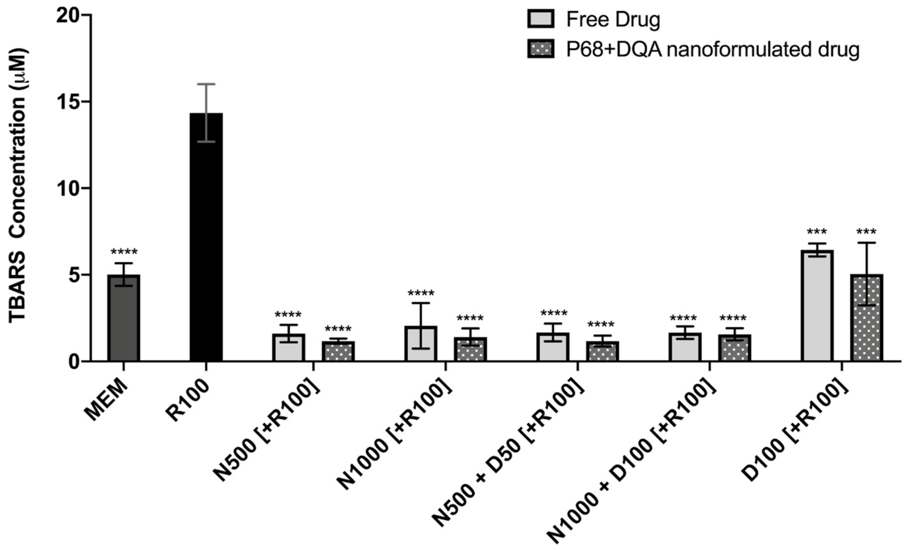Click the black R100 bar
click(206, 237)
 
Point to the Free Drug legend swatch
click(541, 19)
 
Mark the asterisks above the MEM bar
click(124, 252)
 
